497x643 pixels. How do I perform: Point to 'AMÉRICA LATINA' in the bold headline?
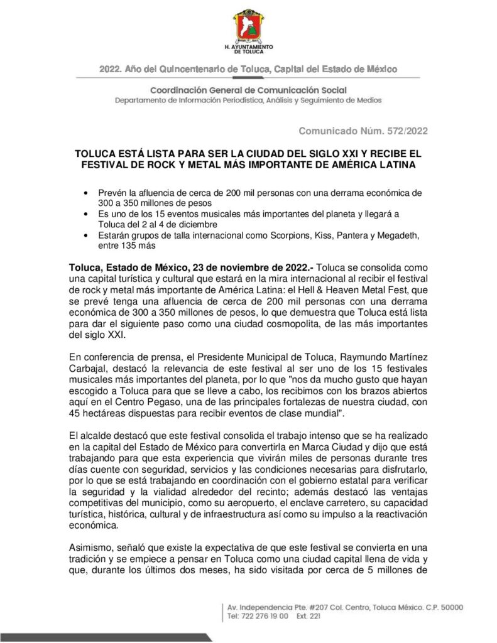pyautogui.click(x=371, y=165)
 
